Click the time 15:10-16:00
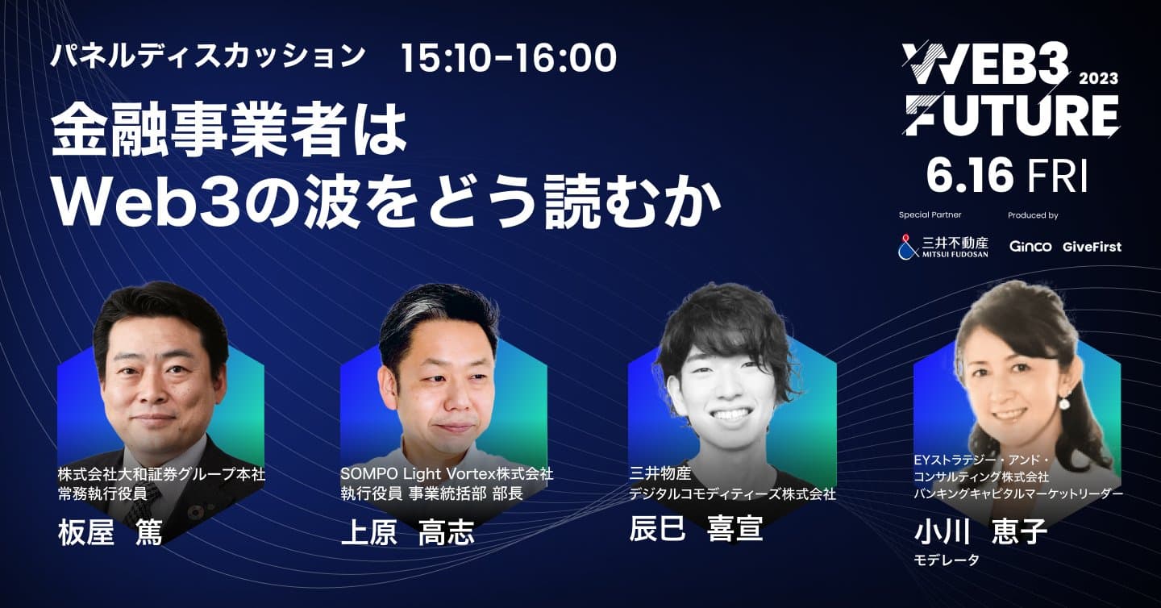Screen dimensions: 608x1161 pyautogui.click(x=509, y=57)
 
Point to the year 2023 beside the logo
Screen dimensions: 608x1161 pyautogui.click(x=1098, y=78)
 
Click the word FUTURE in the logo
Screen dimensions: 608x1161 pyautogui.click(x=1011, y=116)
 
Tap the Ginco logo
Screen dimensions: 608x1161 pyautogui.click(x=1030, y=246)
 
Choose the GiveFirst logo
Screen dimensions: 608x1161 pyautogui.click(x=1092, y=247)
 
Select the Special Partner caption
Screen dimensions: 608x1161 pyautogui.click(x=930, y=215)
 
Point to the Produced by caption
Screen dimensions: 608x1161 pyautogui.click(x=1033, y=215)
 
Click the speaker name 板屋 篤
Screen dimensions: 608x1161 pyautogui.click(x=110, y=533)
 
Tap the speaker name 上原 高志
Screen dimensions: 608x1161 pyautogui.click(x=407, y=533)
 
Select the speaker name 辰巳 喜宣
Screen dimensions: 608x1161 pyautogui.click(x=696, y=528)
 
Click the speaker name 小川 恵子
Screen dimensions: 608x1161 pyautogui.click(x=980, y=532)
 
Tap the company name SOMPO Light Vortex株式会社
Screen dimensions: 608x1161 pyautogui.click(x=447, y=474)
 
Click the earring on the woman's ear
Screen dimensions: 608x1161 pyautogui.click(x=1064, y=401)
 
